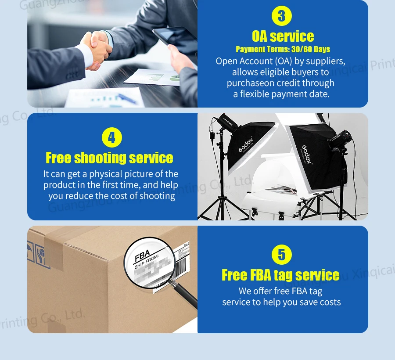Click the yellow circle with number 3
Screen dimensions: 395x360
(282, 16)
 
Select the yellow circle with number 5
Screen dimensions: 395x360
(282, 255)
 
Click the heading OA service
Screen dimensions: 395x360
(283, 36)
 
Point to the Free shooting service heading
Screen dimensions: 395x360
(109, 158)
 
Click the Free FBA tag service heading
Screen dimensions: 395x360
(280, 275)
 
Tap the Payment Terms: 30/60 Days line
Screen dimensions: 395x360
(283, 49)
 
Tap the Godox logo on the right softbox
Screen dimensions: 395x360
(306, 154)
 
